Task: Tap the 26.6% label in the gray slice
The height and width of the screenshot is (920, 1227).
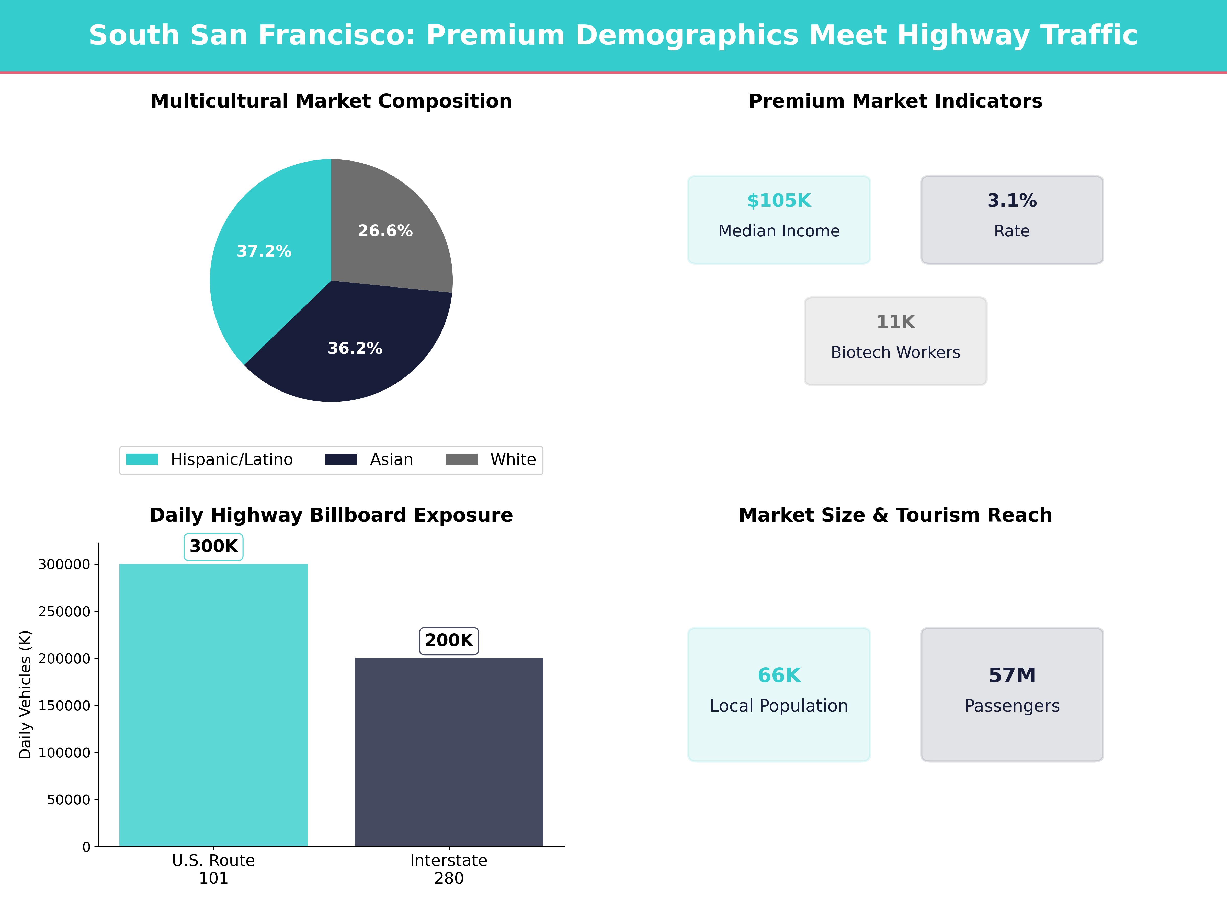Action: pyautogui.click(x=385, y=231)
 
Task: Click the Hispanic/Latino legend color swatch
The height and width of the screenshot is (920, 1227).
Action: pyautogui.click(x=142, y=459)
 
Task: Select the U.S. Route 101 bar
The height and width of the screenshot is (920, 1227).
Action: pyautogui.click(x=213, y=704)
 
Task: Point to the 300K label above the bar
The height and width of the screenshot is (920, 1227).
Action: pyautogui.click(x=213, y=546)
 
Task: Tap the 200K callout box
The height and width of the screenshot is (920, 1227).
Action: pyautogui.click(x=449, y=640)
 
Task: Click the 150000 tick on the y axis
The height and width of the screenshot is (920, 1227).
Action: pyautogui.click(x=64, y=705)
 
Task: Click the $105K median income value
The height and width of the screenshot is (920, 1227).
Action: pyautogui.click(x=779, y=201)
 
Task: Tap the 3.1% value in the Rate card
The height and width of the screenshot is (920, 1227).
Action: pyautogui.click(x=1012, y=201)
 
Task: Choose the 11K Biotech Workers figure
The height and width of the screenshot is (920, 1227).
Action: pyautogui.click(x=895, y=322)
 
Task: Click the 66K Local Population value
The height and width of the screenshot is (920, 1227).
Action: pyautogui.click(x=779, y=675)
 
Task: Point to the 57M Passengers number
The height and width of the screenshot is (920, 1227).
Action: pyautogui.click(x=1012, y=675)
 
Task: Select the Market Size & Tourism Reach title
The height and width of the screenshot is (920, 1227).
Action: pyautogui.click(x=895, y=515)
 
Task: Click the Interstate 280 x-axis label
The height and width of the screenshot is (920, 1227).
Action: pyautogui.click(x=449, y=869)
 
